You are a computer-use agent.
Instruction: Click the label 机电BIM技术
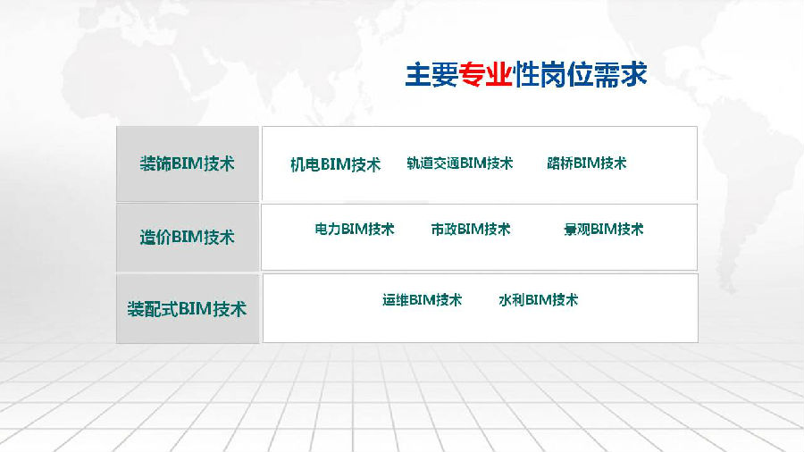pyautogui.click(x=335, y=164)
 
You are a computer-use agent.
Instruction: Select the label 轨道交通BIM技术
pyautogui.click(x=460, y=163)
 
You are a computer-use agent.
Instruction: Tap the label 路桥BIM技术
pyautogui.click(x=587, y=163)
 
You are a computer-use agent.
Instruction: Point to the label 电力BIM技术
pyautogui.click(x=355, y=229)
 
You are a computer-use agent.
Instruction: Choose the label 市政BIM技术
pyautogui.click(x=471, y=229)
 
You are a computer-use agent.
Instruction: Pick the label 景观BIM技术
pyautogui.click(x=604, y=229)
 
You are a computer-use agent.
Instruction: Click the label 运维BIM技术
pyautogui.click(x=422, y=300)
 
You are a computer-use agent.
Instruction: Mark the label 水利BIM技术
pyautogui.click(x=539, y=300)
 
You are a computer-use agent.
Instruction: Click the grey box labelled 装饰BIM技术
pyautogui.click(x=188, y=163)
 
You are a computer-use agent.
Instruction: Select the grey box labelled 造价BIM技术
pyautogui.click(x=188, y=238)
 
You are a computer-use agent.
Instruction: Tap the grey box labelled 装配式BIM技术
pyautogui.click(x=188, y=308)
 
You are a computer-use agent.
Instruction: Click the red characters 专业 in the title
pyautogui.click(x=486, y=75)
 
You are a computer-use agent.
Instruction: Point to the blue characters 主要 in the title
pyautogui.click(x=431, y=75)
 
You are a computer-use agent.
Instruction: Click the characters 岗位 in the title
pyautogui.click(x=566, y=75)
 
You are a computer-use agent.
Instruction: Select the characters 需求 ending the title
pyautogui.click(x=621, y=75)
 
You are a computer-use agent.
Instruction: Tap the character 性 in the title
pyautogui.click(x=526, y=75)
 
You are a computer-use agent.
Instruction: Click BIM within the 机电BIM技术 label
pyautogui.click(x=335, y=164)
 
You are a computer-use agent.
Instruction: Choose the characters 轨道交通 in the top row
pyautogui.click(x=433, y=163)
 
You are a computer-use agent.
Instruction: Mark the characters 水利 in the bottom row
pyautogui.click(x=512, y=300)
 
